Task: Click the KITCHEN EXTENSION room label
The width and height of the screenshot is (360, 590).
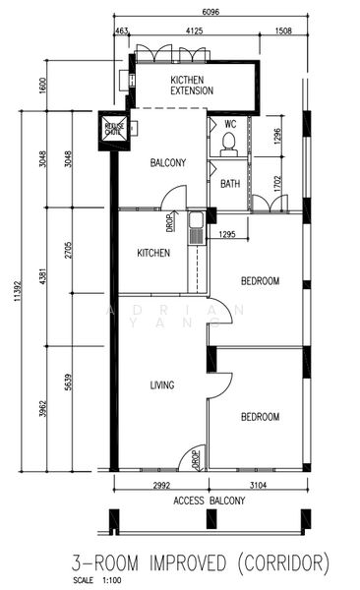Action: [192, 86]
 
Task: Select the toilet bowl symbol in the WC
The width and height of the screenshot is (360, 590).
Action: [228, 146]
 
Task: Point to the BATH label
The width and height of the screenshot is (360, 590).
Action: [230, 184]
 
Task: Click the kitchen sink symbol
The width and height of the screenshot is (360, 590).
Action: [197, 229]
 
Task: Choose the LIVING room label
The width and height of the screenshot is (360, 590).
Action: [162, 385]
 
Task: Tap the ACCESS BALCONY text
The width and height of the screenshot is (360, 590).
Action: [210, 501]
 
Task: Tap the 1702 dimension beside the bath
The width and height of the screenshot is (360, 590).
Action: [277, 181]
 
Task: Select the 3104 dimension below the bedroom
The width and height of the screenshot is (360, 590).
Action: [258, 486]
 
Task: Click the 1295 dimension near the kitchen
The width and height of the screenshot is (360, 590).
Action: [226, 234]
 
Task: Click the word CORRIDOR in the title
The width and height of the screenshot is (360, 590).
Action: [278, 562]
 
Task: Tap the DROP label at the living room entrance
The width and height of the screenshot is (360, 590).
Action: [196, 458]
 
